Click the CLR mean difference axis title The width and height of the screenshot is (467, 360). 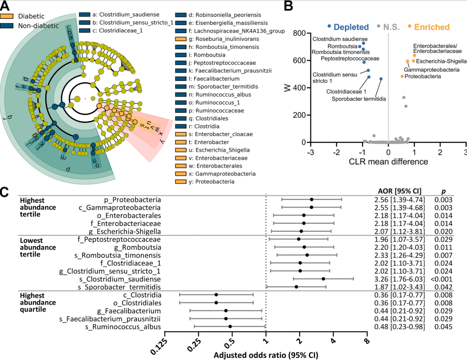[388, 161]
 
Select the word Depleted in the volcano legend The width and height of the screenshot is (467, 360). [351, 27]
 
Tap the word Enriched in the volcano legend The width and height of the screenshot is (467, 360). [432, 27]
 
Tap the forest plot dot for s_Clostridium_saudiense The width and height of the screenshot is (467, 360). [323, 279]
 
